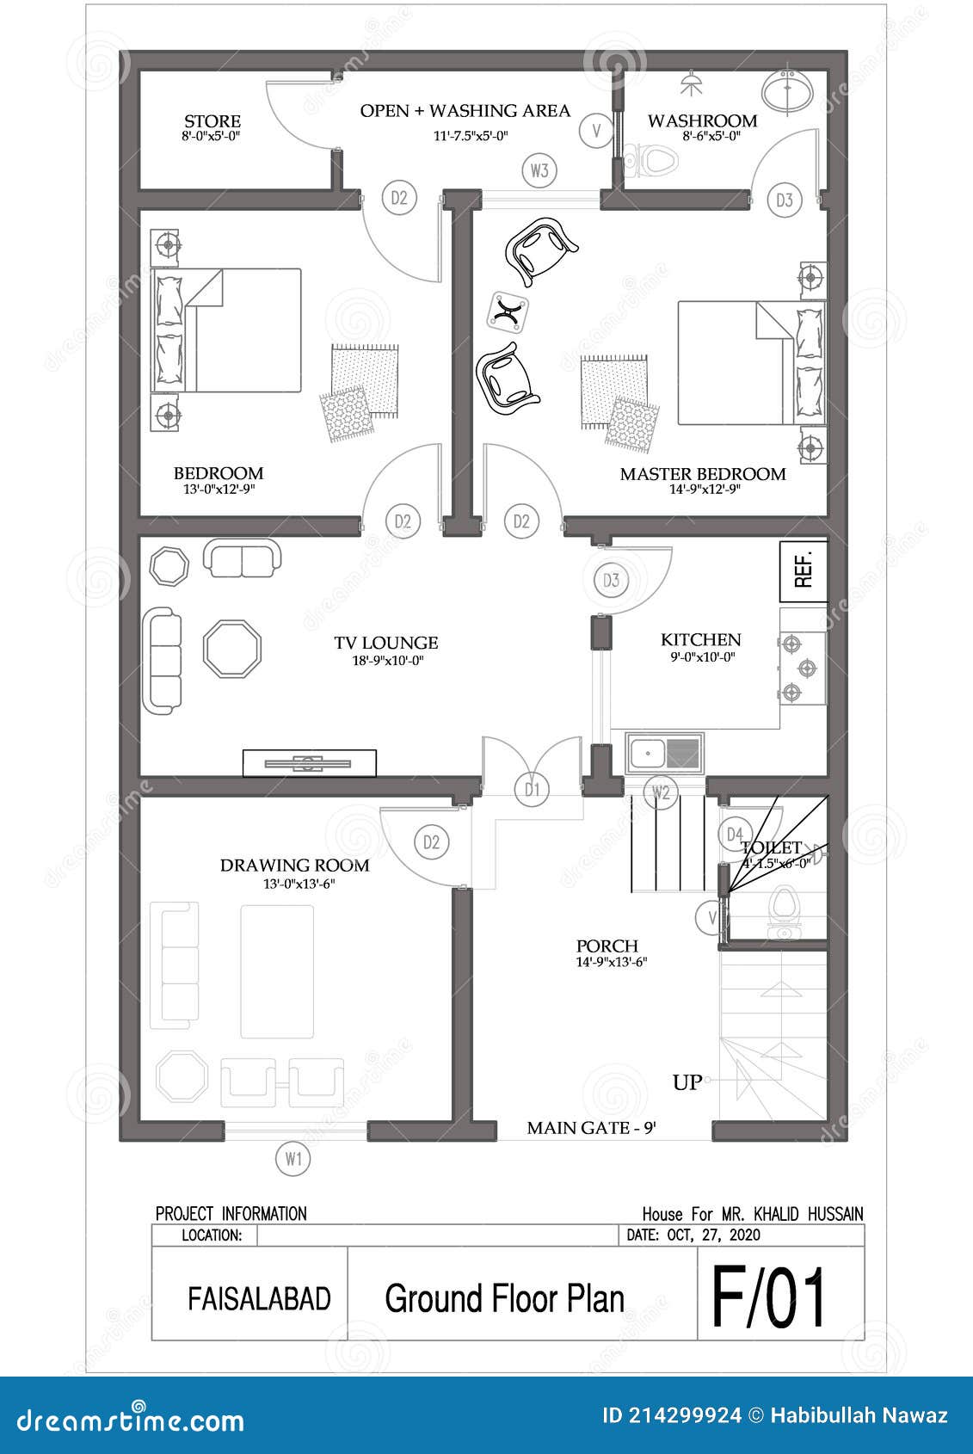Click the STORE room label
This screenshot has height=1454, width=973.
coord(212,121)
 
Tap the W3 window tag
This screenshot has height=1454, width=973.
coord(539,170)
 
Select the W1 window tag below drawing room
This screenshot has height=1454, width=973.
coord(293,1159)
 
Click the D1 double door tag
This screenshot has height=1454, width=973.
coord(533,789)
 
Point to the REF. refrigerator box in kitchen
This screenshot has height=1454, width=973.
coord(804,571)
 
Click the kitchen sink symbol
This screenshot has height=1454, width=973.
coord(663,752)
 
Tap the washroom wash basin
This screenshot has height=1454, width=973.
coord(786,91)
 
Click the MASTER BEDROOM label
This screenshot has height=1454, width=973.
coord(703,474)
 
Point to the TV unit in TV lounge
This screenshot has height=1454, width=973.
coord(309,763)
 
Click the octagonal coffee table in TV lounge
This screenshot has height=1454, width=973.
coord(232,649)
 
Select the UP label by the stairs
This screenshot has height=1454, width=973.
coord(687,1082)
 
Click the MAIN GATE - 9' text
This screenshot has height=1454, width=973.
coord(591,1128)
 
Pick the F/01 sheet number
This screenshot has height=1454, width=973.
coord(768,1297)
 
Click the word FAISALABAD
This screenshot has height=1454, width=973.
coord(259,1298)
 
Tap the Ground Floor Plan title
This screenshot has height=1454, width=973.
coord(504,1298)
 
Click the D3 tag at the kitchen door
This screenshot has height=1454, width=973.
coord(611,580)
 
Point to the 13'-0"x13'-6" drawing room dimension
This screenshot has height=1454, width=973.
coord(299,884)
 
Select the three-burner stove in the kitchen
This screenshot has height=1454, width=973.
coord(803,668)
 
